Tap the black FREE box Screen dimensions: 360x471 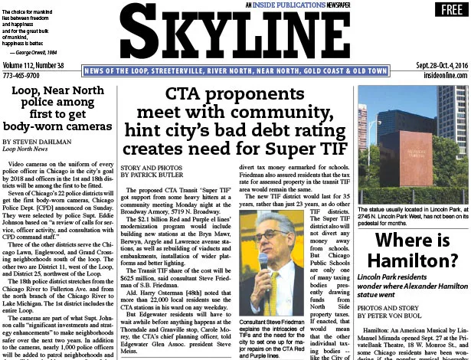[444, 10]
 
